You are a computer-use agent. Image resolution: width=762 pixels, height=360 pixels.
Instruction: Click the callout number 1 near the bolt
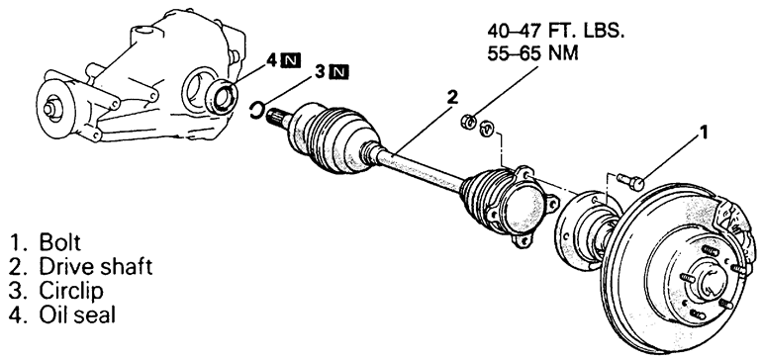tap(703, 133)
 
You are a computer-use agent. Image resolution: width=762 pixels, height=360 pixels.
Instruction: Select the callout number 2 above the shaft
tap(452, 97)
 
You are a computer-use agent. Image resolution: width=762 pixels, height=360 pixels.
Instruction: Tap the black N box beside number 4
tap(291, 60)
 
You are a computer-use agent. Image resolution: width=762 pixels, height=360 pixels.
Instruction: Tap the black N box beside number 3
tap(338, 72)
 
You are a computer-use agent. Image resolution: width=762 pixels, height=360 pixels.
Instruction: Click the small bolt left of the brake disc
tap(630, 181)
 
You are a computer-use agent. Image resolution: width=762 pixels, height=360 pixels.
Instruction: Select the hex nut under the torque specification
tap(468, 122)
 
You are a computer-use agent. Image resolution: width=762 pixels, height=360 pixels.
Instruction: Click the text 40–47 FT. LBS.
tap(555, 32)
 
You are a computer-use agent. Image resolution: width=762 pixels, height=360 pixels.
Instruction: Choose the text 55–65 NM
tap(532, 53)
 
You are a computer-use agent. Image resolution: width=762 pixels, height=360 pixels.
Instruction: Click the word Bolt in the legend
tap(59, 242)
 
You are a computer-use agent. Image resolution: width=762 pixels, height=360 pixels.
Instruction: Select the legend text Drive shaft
tap(96, 267)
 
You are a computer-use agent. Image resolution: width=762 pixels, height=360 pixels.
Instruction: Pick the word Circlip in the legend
tap(71, 291)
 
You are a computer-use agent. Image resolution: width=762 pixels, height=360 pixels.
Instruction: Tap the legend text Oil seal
tap(77, 315)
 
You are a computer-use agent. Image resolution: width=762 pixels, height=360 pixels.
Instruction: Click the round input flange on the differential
tap(52, 107)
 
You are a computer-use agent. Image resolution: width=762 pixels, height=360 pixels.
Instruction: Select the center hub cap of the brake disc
tap(712, 278)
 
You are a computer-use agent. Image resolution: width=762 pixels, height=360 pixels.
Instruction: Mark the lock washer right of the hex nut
tap(487, 130)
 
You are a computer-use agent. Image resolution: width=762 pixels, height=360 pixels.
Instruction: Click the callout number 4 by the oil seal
tap(272, 60)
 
